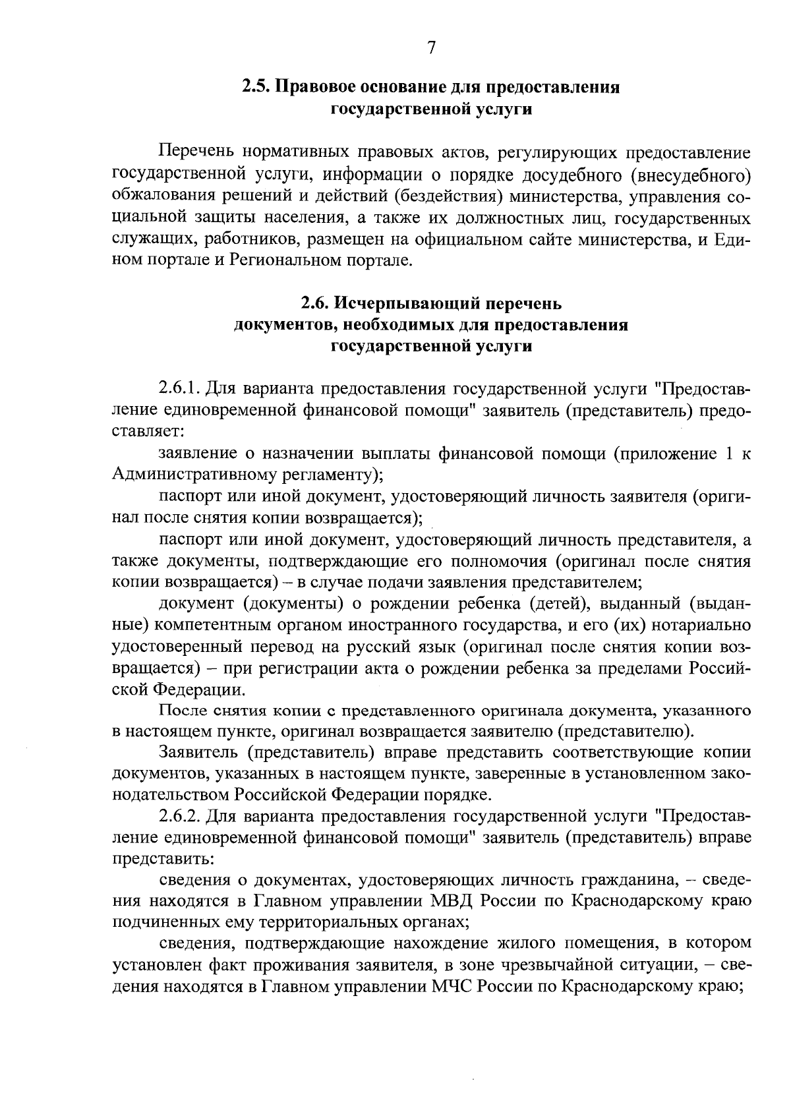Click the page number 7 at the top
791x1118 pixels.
click(431, 47)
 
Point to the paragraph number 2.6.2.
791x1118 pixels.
click(180, 816)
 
